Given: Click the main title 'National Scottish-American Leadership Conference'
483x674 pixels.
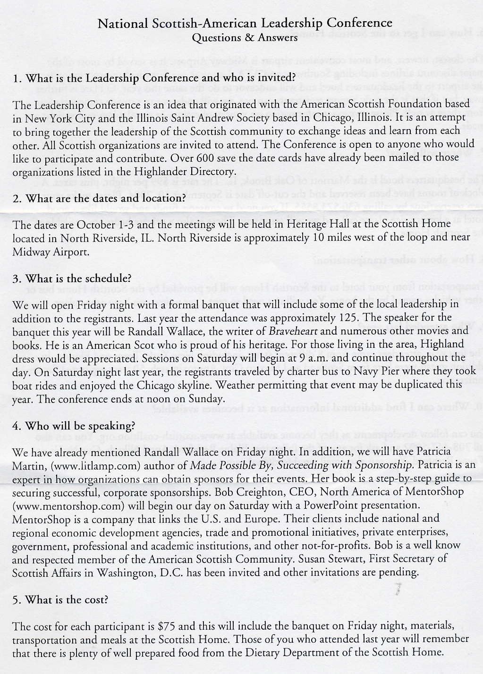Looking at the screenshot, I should coord(245,23).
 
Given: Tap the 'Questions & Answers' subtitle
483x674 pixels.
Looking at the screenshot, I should coord(245,38).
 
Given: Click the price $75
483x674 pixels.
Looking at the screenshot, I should coord(167,627).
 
